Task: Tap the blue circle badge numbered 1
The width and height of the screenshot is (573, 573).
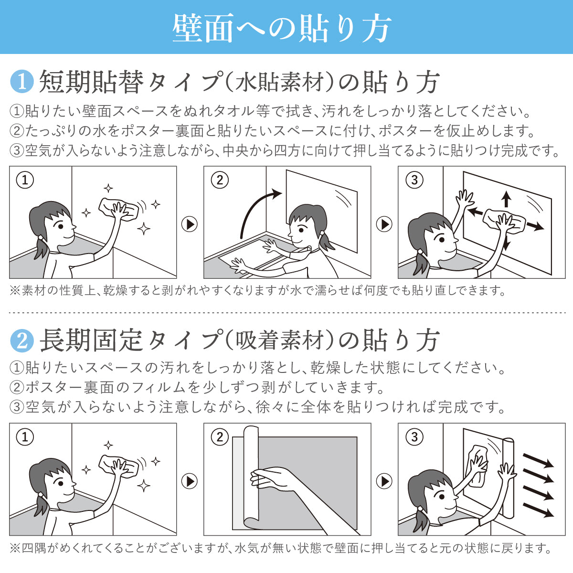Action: click(21, 82)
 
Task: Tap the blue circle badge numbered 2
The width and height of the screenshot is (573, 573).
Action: click(21, 341)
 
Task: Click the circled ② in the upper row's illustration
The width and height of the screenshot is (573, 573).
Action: click(220, 180)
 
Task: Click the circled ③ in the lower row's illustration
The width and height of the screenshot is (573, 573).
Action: click(414, 437)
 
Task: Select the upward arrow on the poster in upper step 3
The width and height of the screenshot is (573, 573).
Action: click(506, 199)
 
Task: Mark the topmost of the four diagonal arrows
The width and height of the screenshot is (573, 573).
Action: click(538, 460)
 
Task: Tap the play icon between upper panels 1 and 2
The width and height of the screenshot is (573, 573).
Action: click(190, 224)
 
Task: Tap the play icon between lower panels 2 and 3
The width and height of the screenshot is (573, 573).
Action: click(384, 481)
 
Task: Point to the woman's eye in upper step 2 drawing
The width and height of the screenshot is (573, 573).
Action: click(302, 230)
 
